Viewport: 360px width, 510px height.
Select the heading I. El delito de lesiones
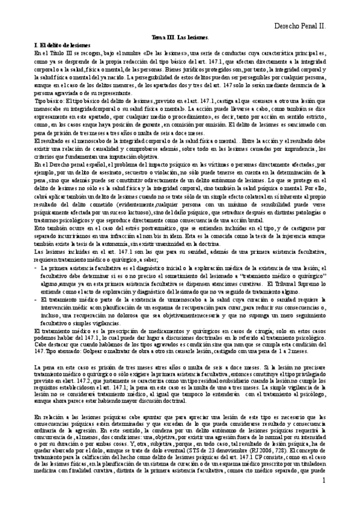pos(63,45)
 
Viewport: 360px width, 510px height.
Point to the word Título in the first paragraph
pos(63,53)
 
